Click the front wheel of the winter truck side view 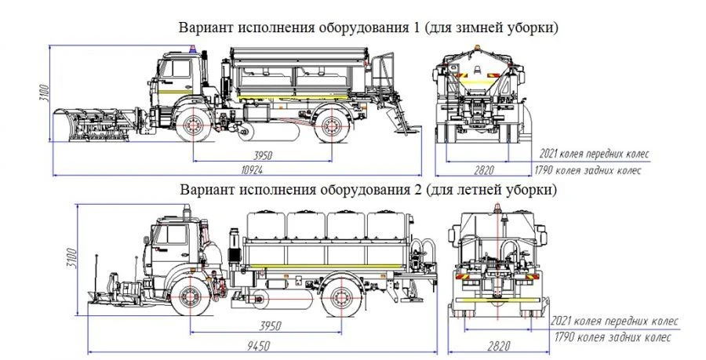pyautogui.click(x=190, y=127)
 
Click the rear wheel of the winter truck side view pyautogui.click(x=332, y=127)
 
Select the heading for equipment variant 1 pyautogui.click(x=369, y=27)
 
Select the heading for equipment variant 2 pyautogui.click(x=369, y=191)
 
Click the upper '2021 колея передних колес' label pyautogui.click(x=594, y=153)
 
